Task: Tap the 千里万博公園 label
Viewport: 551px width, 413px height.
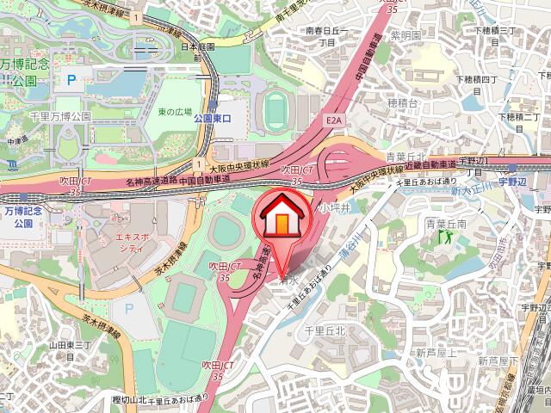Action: (x=60, y=114)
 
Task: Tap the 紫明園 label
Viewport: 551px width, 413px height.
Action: (x=404, y=35)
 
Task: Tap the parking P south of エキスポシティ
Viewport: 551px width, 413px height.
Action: (x=130, y=307)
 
